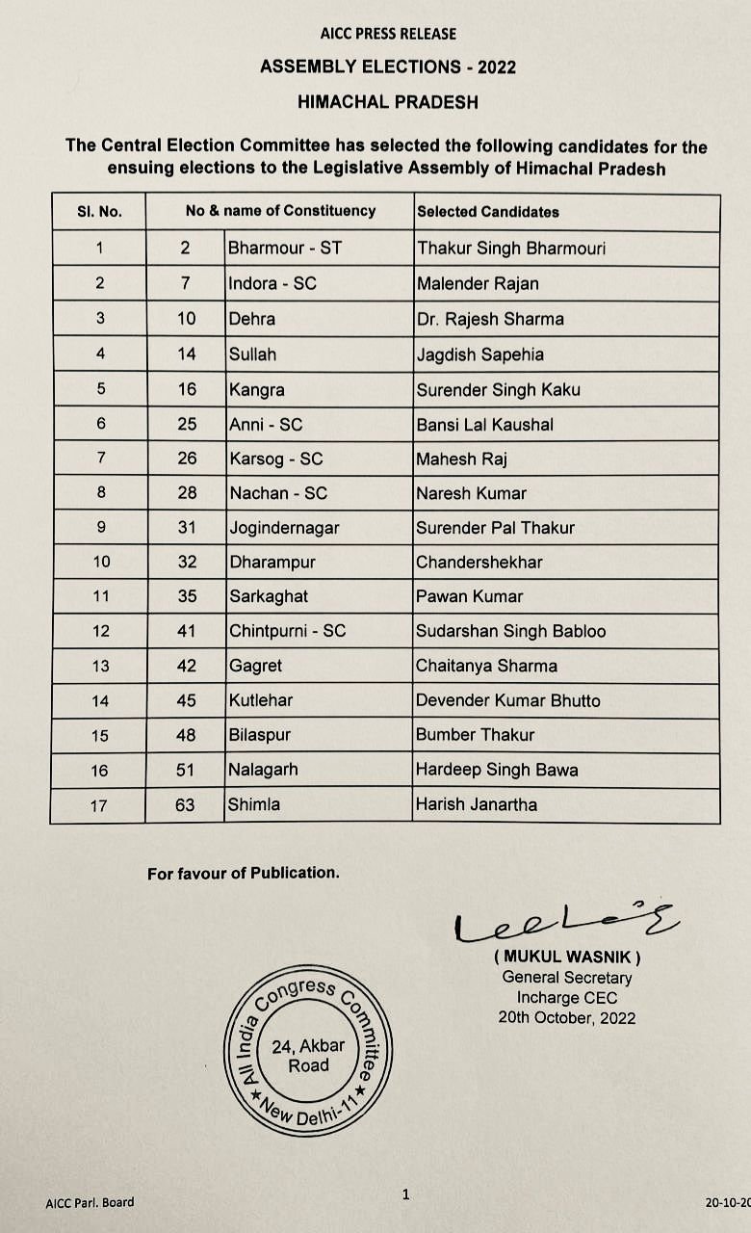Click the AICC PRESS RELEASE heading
point(388,34)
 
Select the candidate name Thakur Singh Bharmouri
point(511,249)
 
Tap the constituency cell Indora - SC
point(272,284)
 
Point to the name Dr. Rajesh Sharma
point(490,319)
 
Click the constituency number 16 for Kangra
point(186,389)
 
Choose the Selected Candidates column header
point(487,211)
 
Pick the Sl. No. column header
point(99,211)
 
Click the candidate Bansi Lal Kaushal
point(484,424)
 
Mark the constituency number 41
point(186,631)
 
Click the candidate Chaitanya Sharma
point(486,666)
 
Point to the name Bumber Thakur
point(475,735)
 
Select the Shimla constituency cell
point(254,804)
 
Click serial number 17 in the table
point(99,805)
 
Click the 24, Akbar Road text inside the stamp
point(300,1056)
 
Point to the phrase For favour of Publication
point(243,874)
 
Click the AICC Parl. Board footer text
point(90,1202)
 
